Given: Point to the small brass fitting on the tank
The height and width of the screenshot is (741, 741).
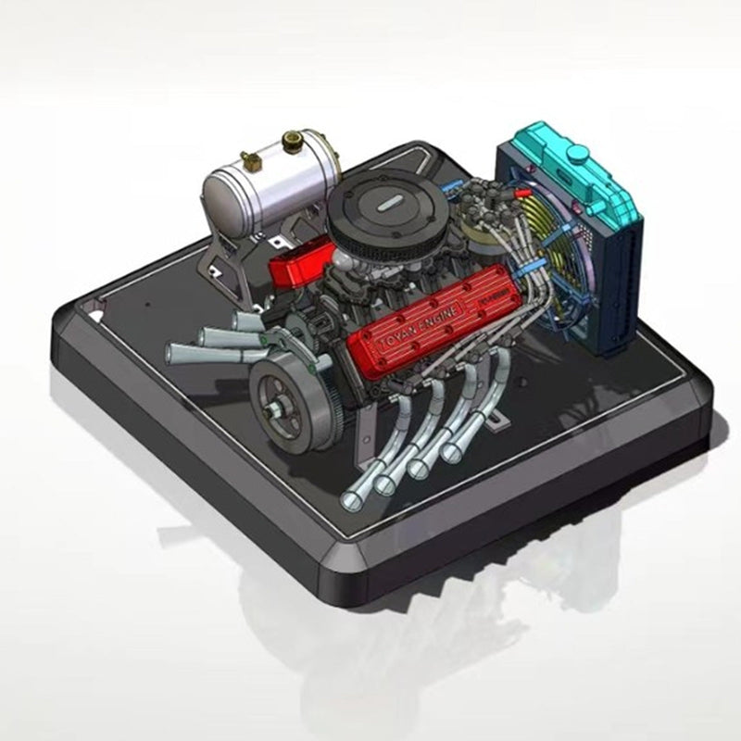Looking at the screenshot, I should pos(248,159).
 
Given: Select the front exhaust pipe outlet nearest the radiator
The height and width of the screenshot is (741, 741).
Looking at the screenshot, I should pos(453,451).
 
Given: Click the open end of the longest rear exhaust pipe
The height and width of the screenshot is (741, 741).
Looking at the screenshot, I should pos(175,353).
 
